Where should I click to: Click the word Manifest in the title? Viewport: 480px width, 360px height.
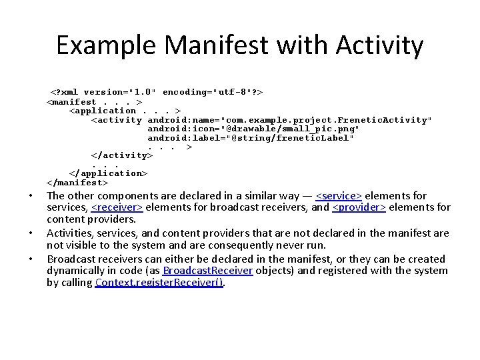click(211, 46)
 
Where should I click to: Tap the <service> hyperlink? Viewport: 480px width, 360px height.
click(339, 195)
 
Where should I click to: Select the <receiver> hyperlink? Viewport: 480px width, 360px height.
click(117, 207)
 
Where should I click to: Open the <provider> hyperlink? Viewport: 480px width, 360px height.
click(359, 207)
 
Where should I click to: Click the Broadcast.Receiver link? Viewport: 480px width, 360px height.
click(207, 271)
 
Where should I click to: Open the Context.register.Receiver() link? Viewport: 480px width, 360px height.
click(160, 283)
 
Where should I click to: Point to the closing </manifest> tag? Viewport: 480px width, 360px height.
click(77, 182)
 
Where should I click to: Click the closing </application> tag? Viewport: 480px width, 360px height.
click(108, 173)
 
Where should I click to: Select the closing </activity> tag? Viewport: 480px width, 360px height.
click(122, 155)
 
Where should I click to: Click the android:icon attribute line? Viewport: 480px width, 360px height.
click(253, 129)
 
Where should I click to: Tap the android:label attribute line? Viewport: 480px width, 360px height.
click(251, 138)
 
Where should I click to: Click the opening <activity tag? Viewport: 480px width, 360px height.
click(117, 120)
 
